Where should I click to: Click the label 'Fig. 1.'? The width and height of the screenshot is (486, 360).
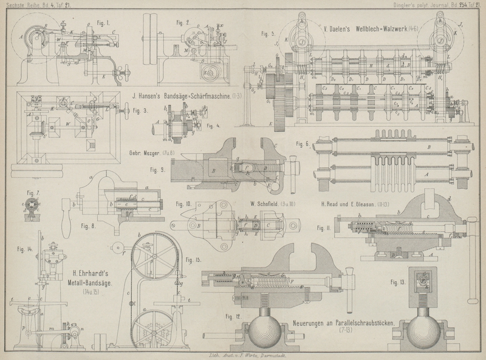point(104,24)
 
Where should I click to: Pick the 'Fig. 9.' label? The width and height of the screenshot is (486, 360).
point(158,171)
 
